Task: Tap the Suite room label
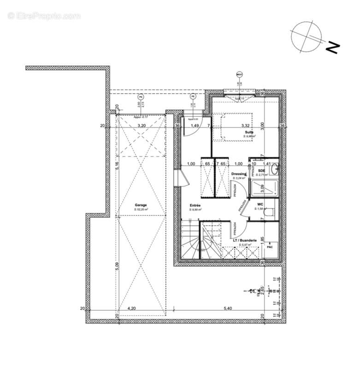tap(249, 132)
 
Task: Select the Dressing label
tap(239, 174)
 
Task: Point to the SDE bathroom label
tap(262, 171)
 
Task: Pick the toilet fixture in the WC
tap(272, 210)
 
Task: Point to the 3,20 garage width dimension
tap(142, 125)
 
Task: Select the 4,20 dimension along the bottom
tap(131, 308)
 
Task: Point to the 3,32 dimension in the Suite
tap(245, 125)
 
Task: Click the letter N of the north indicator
tap(333, 47)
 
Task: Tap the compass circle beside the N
tap(307, 36)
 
